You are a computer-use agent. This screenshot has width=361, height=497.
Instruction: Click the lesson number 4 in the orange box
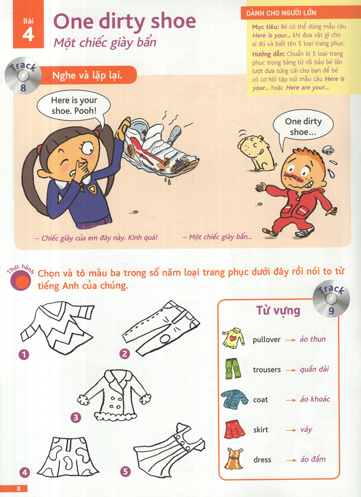(28, 34)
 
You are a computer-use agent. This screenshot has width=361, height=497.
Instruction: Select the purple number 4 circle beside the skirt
(24, 473)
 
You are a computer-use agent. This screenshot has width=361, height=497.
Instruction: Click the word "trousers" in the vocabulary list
(267, 370)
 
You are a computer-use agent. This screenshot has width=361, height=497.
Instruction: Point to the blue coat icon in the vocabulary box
(234, 399)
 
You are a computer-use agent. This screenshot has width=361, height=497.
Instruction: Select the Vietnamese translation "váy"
(306, 429)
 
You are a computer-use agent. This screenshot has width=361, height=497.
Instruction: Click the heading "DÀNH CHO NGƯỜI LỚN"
(281, 14)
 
